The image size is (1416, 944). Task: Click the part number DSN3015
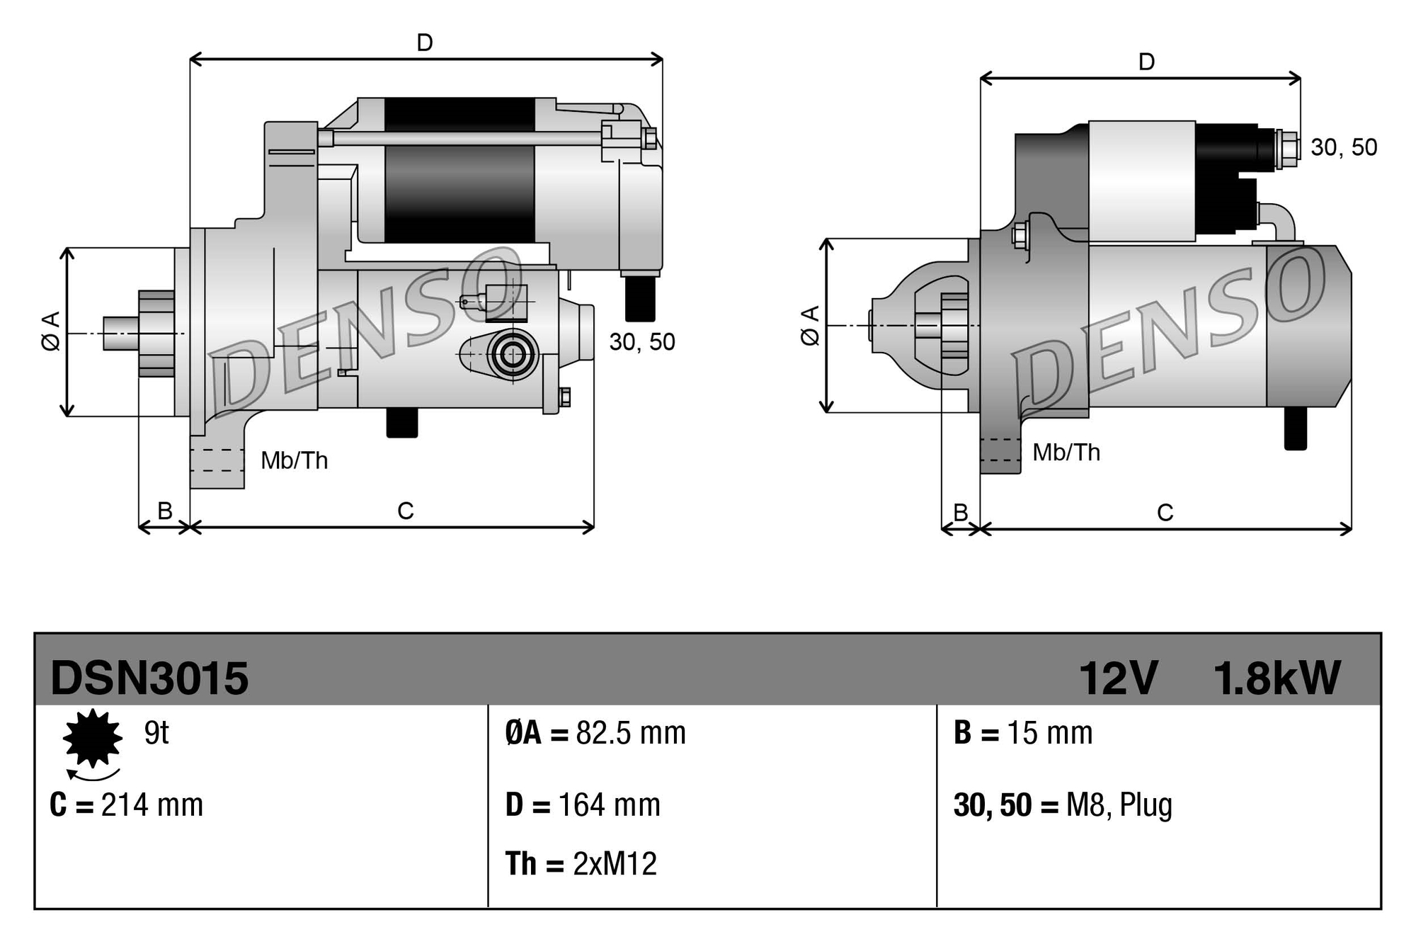coord(149,678)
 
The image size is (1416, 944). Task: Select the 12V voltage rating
coord(1117,678)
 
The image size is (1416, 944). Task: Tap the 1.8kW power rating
coord(1277,678)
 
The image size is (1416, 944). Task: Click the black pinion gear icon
coord(92,738)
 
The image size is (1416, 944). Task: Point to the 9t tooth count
coord(156,733)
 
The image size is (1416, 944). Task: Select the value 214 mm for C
coord(152,805)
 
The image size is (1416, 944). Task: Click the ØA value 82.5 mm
coord(630,733)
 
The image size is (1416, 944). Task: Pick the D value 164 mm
coord(609,805)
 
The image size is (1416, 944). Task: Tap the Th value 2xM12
coord(615,864)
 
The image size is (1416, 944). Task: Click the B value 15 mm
coord(1049,733)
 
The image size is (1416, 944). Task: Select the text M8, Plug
coord(1119,805)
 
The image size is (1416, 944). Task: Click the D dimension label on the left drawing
coord(425,43)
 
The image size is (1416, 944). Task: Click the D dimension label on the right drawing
coord(1146,62)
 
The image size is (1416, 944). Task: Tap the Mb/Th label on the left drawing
coord(295,461)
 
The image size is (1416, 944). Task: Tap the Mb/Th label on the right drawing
coord(1066,453)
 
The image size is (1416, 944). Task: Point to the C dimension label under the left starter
coord(405,511)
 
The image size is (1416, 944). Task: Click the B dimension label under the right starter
coord(960,512)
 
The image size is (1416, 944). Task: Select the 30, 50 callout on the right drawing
coord(1343,147)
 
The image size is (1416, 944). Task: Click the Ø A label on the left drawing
coord(51,331)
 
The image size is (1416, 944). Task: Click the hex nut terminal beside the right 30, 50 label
coord(1289,149)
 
